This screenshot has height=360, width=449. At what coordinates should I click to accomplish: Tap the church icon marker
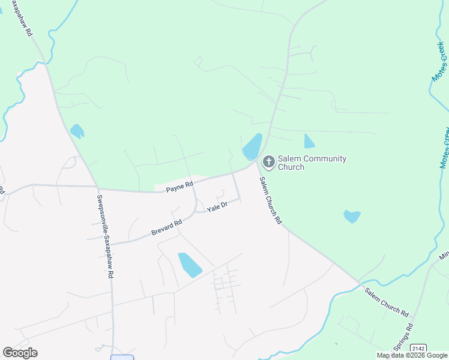268,162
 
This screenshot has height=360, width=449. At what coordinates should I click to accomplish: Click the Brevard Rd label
166,228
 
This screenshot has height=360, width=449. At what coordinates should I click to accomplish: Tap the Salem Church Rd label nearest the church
271,200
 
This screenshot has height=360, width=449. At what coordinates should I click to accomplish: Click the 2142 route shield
418,348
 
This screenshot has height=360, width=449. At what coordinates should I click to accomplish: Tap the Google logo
20,353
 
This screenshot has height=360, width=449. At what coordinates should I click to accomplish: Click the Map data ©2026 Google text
411,355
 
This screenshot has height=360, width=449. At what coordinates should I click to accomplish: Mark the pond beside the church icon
252,147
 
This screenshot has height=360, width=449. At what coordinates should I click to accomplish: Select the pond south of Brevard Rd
190,265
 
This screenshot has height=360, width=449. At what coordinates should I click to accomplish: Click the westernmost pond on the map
77,131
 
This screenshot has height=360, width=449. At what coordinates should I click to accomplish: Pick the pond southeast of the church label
352,216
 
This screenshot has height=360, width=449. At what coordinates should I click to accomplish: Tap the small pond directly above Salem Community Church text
309,141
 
